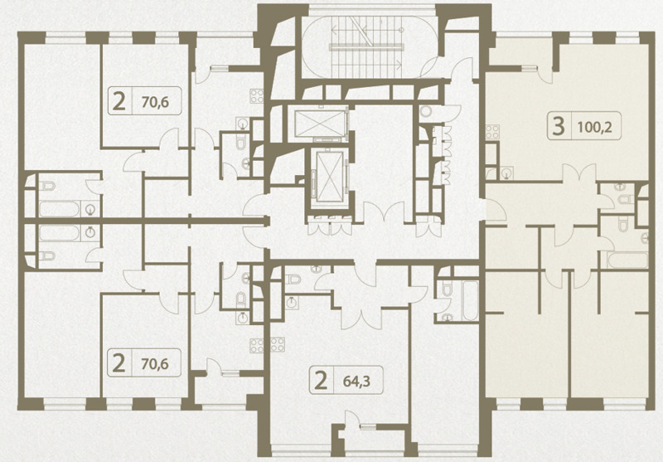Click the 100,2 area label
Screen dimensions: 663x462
point(594,127)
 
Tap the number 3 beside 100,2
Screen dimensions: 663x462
point(558,126)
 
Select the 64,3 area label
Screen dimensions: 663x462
point(356,382)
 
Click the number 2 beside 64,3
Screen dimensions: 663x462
point(322,381)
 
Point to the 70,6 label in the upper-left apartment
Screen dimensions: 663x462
point(155,101)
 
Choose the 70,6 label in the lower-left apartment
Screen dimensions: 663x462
point(155,363)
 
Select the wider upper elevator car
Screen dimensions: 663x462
point(319,124)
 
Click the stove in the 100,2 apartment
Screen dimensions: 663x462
point(492,132)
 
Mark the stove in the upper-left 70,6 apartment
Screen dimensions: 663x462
point(257,96)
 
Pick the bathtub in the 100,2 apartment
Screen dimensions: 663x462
point(628,260)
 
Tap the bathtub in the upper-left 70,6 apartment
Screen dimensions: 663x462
point(59,209)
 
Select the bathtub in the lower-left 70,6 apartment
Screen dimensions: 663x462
point(59,233)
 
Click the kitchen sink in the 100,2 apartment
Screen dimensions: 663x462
point(506,173)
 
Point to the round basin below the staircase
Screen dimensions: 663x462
point(426,111)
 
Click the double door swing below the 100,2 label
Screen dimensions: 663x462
point(578,174)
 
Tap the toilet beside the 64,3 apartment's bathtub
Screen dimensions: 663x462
point(447,289)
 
